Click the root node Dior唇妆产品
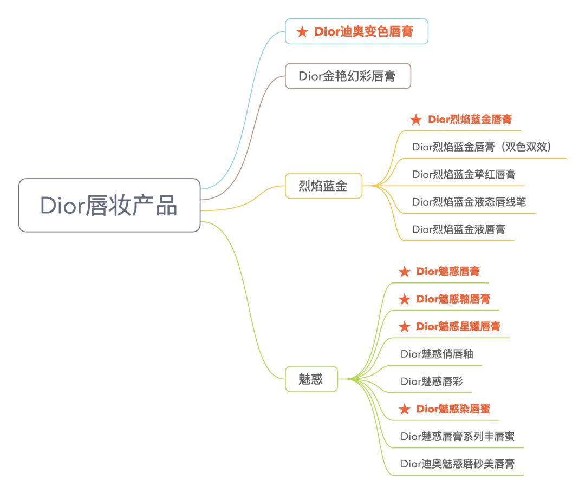point(109,206)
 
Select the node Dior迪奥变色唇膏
point(357,32)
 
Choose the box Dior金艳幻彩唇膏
point(347,76)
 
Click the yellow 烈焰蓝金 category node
point(323,187)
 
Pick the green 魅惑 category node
point(311,379)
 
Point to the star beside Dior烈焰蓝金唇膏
point(415,120)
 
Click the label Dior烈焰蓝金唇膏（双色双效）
point(482,147)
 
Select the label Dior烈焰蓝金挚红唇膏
point(464,174)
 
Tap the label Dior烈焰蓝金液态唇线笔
point(469,202)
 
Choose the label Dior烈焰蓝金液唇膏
point(458,229)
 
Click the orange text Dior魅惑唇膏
point(447,272)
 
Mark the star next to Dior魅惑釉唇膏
point(404,299)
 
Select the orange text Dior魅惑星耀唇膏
point(458,327)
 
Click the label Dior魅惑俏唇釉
point(437,354)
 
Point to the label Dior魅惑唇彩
point(432,381)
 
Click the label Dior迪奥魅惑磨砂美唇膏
point(457,464)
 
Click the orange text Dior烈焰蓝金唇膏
point(469,120)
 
